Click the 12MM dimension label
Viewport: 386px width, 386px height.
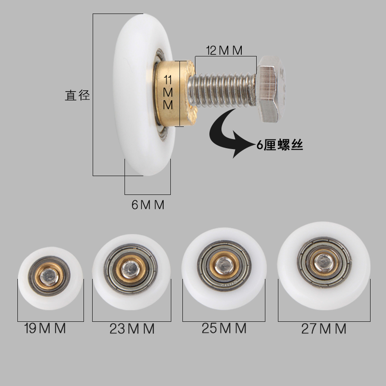click(x=224, y=50)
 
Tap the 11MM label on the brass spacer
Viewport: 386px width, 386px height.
click(x=167, y=92)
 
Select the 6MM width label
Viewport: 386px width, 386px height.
click(x=148, y=205)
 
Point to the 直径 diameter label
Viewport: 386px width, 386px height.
click(x=78, y=95)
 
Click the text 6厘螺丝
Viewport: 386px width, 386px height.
click(x=280, y=145)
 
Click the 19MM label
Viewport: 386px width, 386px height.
click(x=45, y=330)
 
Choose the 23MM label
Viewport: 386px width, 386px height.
click(x=132, y=330)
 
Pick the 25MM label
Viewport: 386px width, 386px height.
click(x=224, y=329)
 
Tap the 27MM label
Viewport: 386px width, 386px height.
click(x=324, y=329)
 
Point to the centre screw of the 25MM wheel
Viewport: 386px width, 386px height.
click(x=223, y=263)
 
